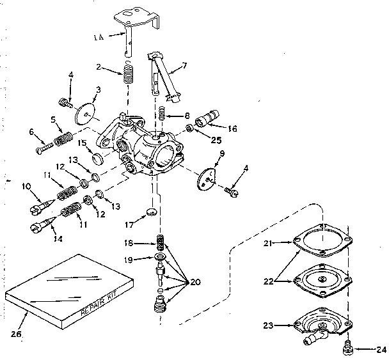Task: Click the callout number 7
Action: pos(184,66)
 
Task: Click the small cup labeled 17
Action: pos(151,212)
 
